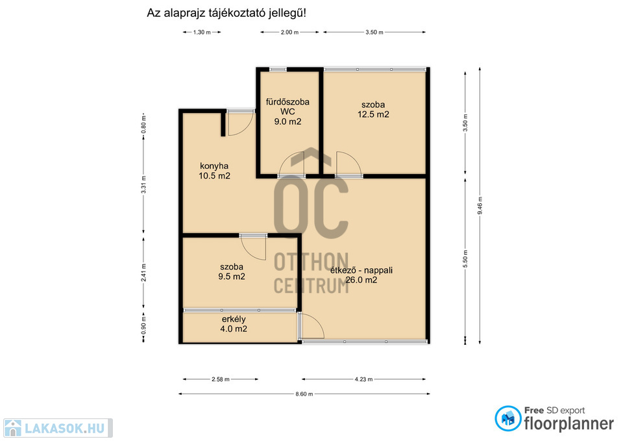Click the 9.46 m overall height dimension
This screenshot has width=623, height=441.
(x=480, y=206)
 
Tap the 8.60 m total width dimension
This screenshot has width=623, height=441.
(x=304, y=394)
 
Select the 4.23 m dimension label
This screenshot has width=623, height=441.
(x=363, y=379)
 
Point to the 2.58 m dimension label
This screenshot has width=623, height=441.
(x=221, y=379)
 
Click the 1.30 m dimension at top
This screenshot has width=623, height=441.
(x=202, y=32)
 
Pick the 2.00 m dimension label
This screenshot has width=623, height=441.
(x=289, y=32)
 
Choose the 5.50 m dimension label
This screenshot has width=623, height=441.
(x=465, y=259)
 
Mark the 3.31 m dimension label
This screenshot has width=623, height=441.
(x=144, y=184)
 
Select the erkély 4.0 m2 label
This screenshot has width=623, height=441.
(x=234, y=324)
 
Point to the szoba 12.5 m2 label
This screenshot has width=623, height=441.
(x=373, y=109)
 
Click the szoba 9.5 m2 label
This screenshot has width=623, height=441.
(x=232, y=271)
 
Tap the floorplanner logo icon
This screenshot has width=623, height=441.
(x=507, y=418)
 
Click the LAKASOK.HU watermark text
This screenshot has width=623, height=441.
(x=64, y=428)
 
